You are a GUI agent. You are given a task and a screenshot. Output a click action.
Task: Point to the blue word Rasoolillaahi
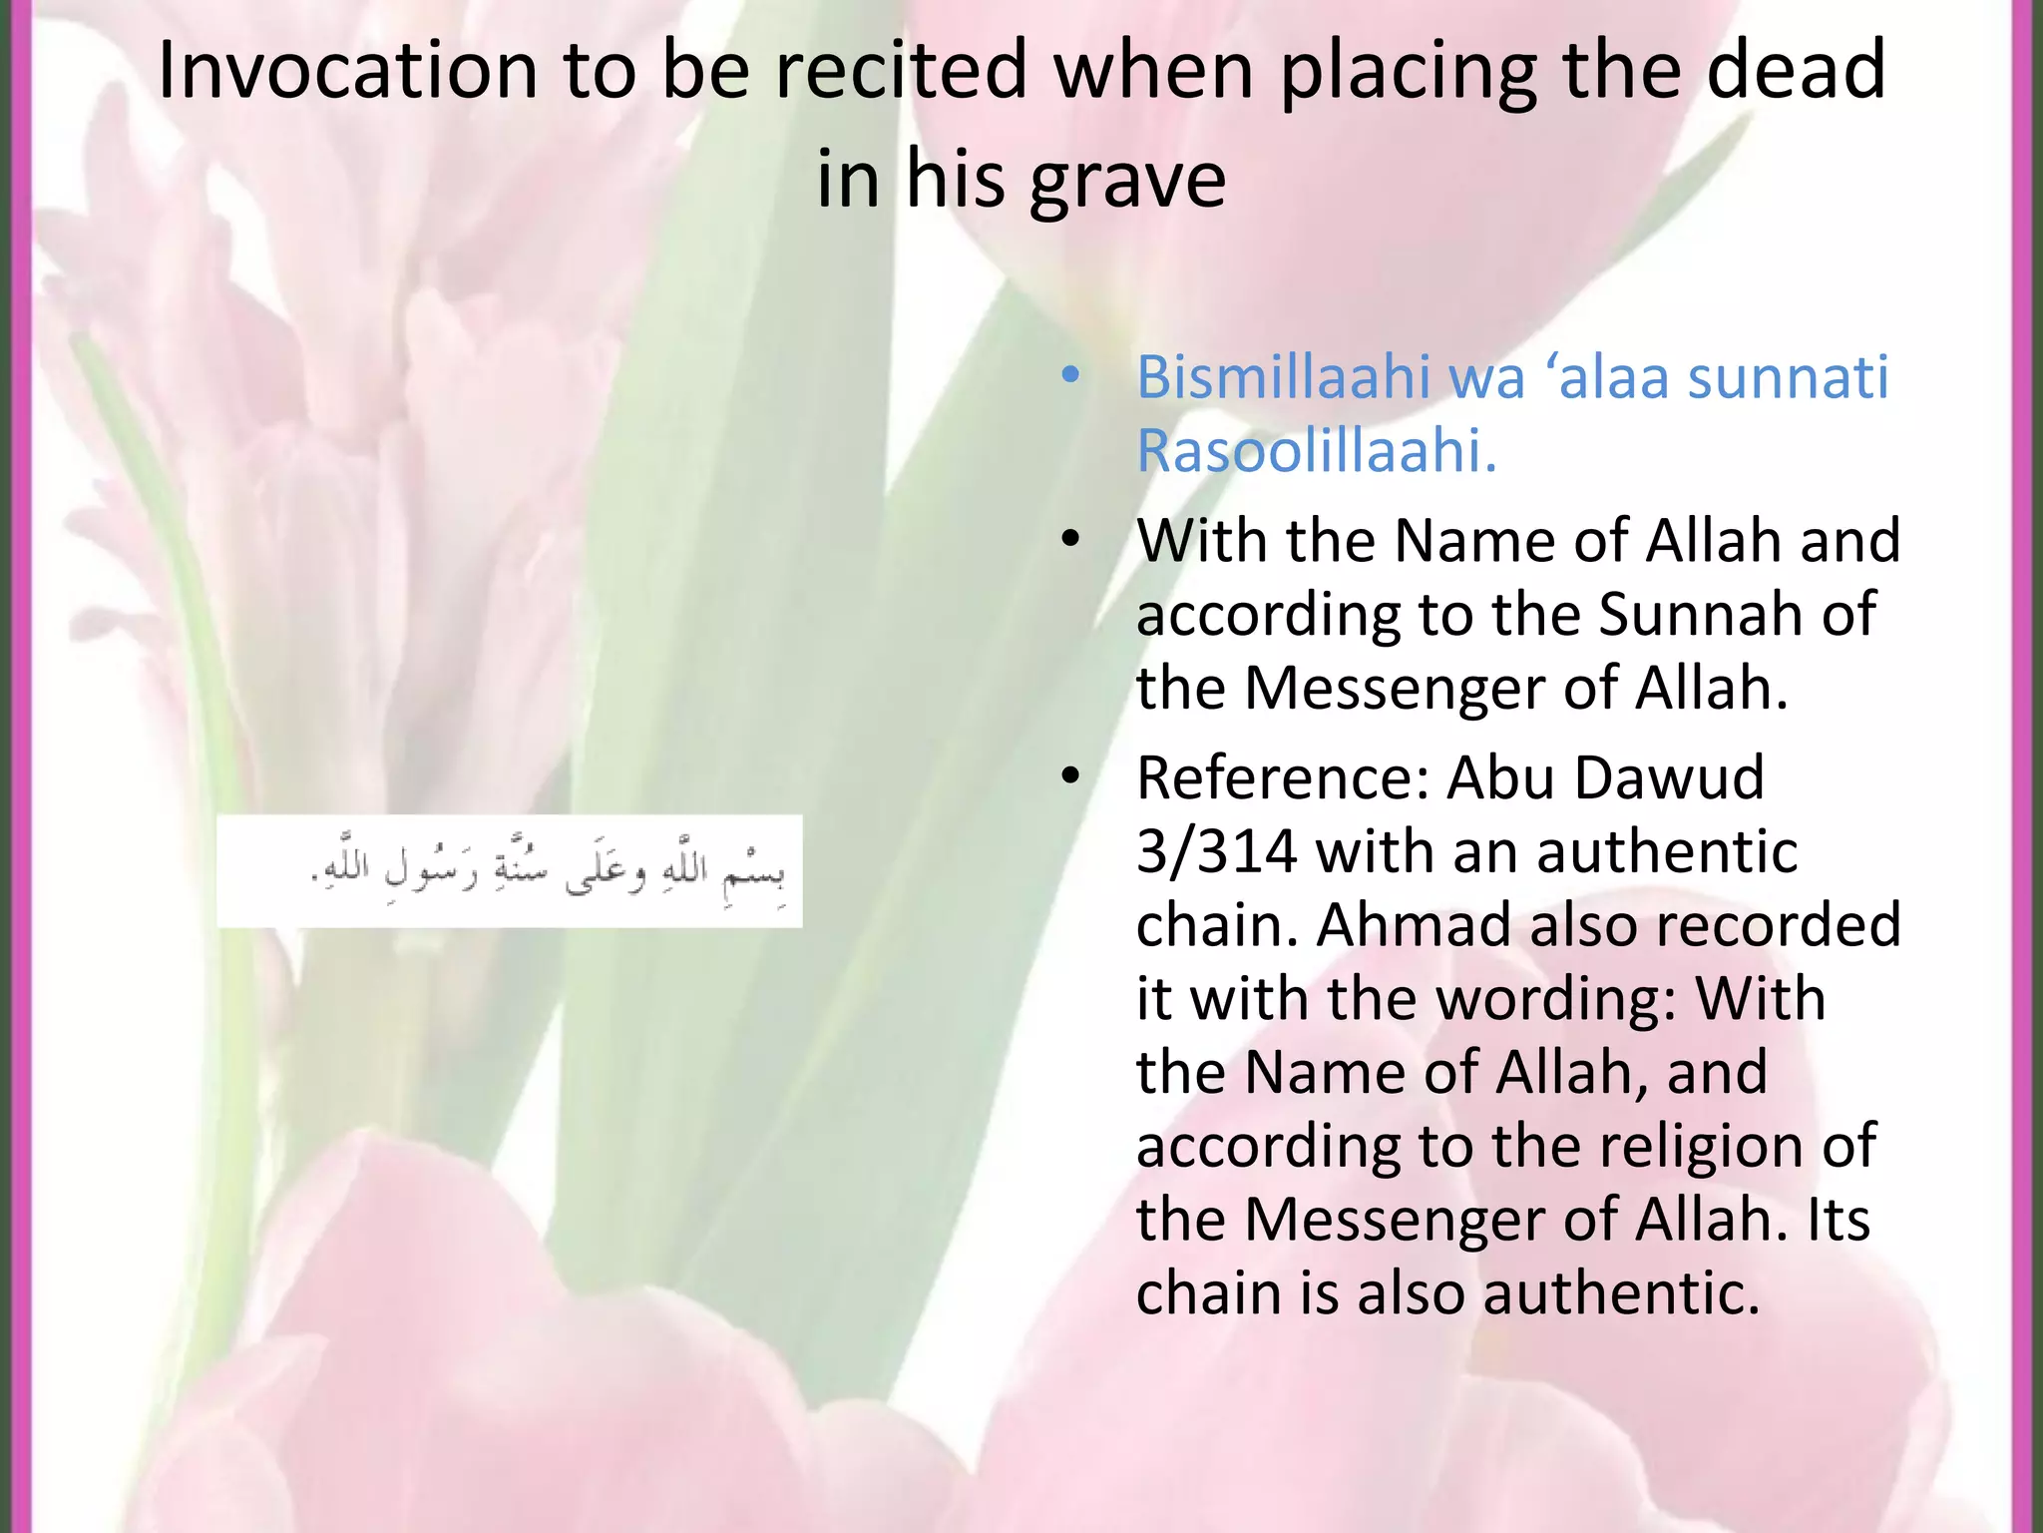(1317, 451)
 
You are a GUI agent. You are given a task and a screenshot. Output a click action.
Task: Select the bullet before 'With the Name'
(1070, 540)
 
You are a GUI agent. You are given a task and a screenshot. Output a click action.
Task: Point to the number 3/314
(1217, 851)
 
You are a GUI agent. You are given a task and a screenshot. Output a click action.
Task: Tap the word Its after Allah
(1838, 1220)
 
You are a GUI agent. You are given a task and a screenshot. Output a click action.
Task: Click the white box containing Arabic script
(509, 871)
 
